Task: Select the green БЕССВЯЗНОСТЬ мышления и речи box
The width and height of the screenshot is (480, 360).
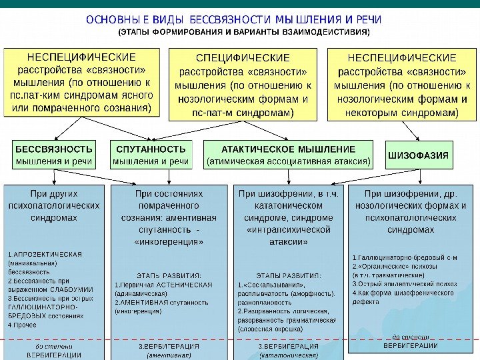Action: pyautogui.click(x=55, y=154)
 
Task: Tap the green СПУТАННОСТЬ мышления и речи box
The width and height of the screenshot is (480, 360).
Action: pyautogui.click(x=151, y=154)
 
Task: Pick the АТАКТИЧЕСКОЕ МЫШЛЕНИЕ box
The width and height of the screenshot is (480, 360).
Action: pyautogui.click(x=289, y=154)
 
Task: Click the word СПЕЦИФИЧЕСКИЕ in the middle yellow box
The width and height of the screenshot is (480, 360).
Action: pyautogui.click(x=243, y=59)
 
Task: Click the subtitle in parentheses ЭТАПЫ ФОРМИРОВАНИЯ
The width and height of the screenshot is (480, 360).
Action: pyautogui.click(x=243, y=32)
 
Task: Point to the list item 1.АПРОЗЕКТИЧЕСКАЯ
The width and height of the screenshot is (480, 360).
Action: pyautogui.click(x=45, y=254)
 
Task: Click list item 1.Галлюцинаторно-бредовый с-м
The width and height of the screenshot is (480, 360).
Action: pyautogui.click(x=404, y=257)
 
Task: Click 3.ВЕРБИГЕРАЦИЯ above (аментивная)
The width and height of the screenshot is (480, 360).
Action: pyautogui.click(x=169, y=347)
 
